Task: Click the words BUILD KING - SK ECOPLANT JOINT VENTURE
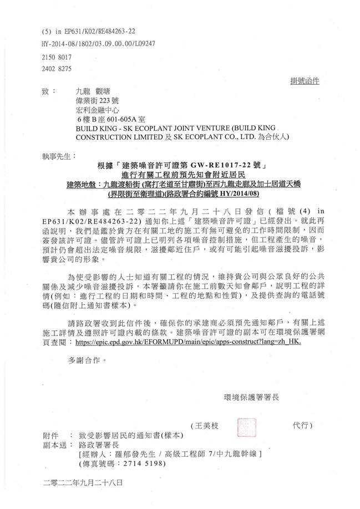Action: pyautogui.click(x=148, y=128)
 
